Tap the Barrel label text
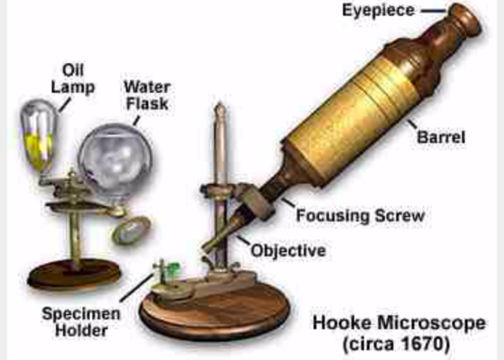(441, 137)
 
